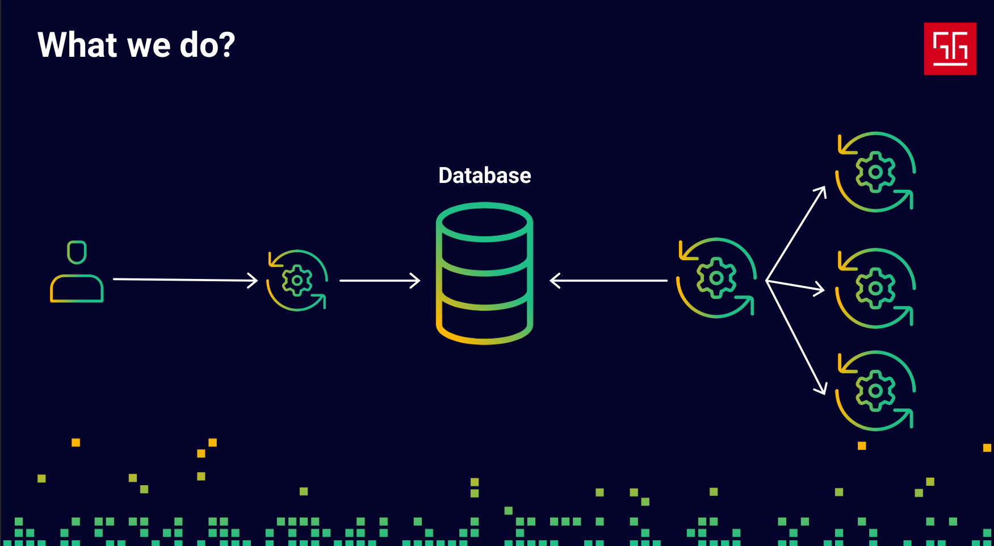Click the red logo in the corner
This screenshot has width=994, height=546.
(950, 49)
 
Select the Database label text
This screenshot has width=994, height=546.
(485, 176)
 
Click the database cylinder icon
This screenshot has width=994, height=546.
(484, 274)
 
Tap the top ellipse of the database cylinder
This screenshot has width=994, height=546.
(484, 222)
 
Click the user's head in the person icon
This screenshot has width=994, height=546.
(77, 252)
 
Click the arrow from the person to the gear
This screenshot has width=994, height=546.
(185, 280)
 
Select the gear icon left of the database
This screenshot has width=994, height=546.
(297, 280)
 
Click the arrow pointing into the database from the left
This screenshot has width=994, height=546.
(379, 281)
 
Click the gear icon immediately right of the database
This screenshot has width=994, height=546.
(716, 278)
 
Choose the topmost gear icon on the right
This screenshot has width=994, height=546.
(875, 172)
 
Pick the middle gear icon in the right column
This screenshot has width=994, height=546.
(875, 288)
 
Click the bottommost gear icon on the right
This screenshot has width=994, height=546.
(875, 390)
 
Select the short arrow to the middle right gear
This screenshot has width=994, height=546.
(795, 286)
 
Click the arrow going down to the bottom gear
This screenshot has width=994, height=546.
(796, 337)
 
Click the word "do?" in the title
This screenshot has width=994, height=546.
(207, 45)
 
